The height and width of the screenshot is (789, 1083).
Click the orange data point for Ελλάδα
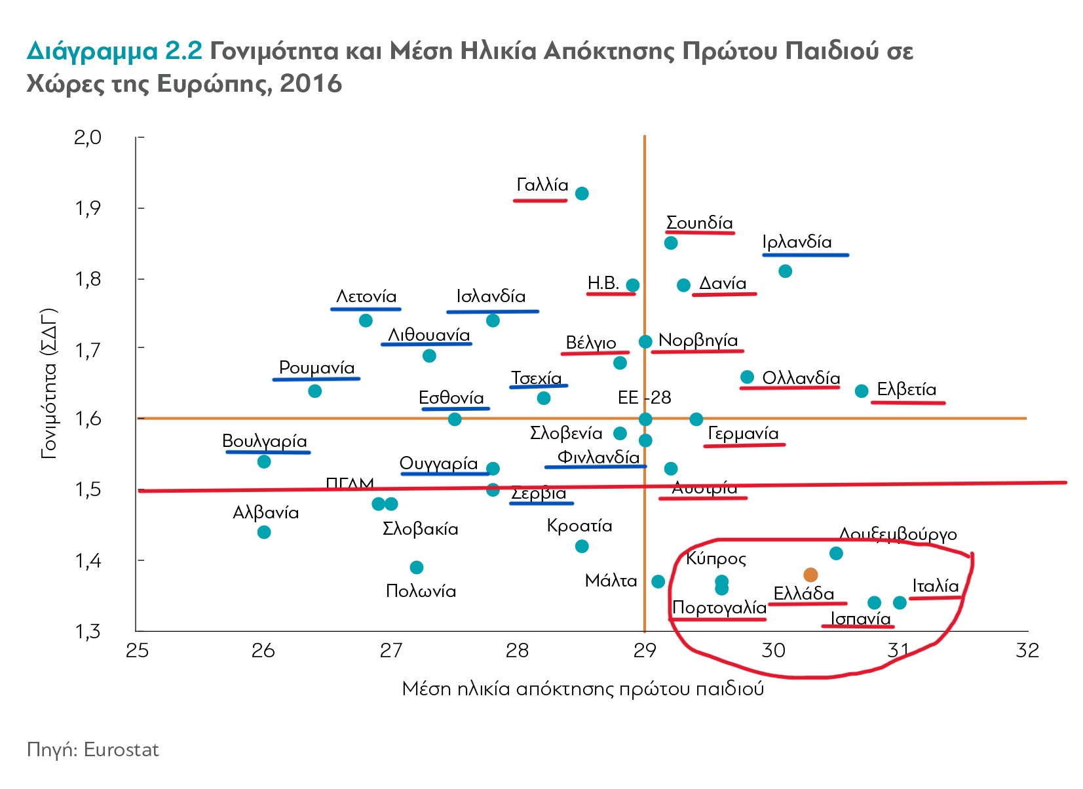coord(810,575)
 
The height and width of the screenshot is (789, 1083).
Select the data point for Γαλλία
coord(582,193)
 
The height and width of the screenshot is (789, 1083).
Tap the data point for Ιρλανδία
coord(785,271)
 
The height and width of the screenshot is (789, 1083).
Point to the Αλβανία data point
coord(264,531)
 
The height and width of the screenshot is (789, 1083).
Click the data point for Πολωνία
coord(417,567)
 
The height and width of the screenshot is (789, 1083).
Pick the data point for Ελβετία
coord(862,391)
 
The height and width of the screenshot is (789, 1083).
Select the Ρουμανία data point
coord(314,391)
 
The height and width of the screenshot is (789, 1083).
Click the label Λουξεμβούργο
coord(898,535)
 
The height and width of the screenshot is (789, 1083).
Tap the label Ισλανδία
coord(491,296)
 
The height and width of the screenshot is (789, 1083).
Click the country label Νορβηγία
coord(698,340)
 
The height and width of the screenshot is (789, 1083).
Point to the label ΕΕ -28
coord(644,397)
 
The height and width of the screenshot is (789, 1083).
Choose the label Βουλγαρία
coord(265,440)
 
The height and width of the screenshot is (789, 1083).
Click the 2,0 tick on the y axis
coord(88,137)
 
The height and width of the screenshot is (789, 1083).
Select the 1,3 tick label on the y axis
coord(88,632)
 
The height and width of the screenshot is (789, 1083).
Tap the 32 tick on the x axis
coord(1027,650)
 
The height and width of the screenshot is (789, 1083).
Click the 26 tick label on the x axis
coord(263,650)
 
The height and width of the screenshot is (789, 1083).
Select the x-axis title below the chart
coord(582,689)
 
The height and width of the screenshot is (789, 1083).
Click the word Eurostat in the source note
coord(121,750)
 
